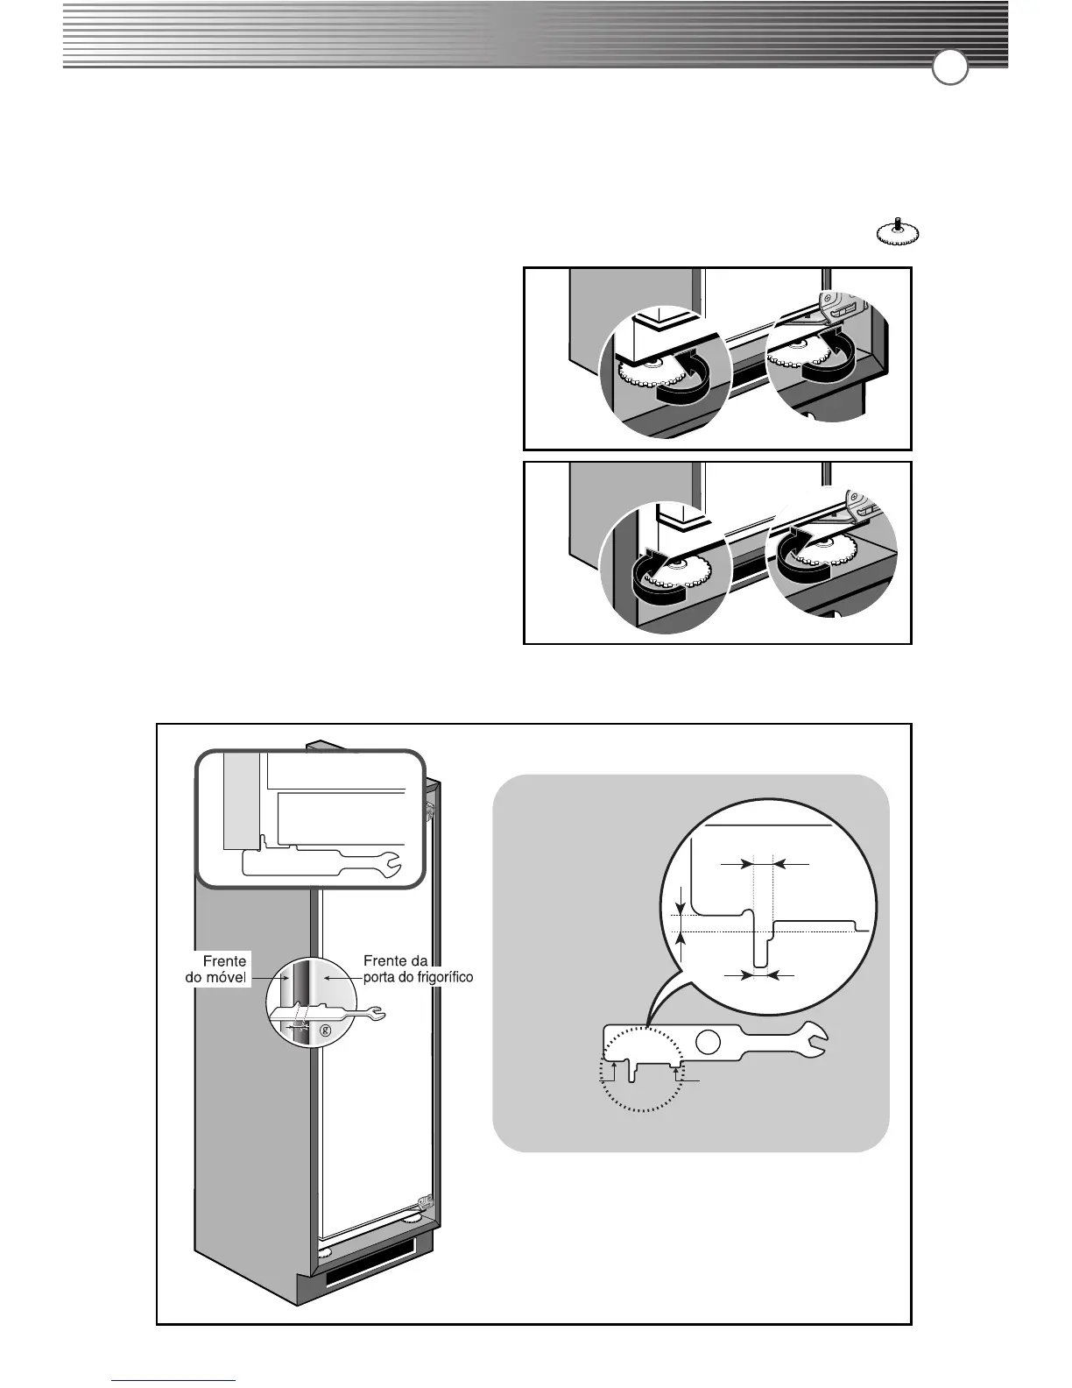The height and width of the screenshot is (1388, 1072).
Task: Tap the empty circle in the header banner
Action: tap(949, 68)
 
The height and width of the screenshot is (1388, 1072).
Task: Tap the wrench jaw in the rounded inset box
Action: tap(389, 864)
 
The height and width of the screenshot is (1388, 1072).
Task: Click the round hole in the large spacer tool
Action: tap(709, 1042)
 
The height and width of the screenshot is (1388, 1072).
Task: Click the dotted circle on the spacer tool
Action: tap(643, 1069)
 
